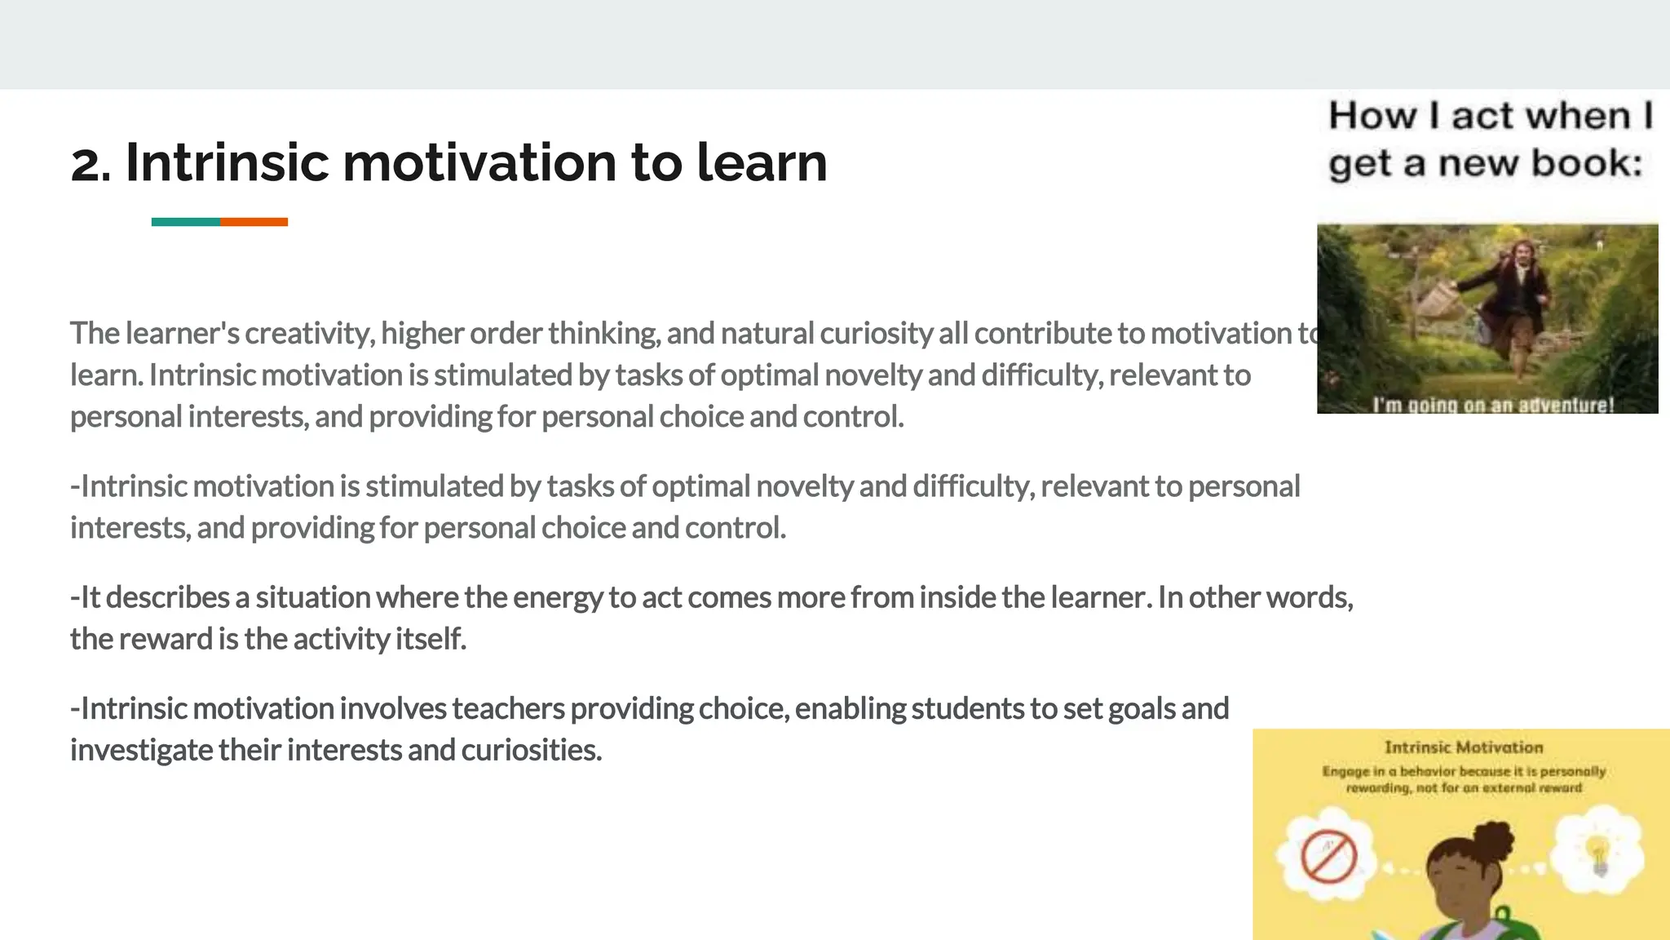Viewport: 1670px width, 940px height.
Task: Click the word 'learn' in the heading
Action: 762,162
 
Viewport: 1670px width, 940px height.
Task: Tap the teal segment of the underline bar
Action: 185,222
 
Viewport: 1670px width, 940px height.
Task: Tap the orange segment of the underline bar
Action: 254,222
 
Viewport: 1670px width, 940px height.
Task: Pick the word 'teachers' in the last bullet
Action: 508,708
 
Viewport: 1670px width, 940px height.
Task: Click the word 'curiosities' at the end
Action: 531,750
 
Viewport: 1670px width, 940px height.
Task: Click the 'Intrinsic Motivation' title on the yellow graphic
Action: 1464,747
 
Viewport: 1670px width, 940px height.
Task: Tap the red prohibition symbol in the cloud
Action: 1328,856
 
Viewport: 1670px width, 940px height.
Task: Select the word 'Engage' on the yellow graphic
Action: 1345,771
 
